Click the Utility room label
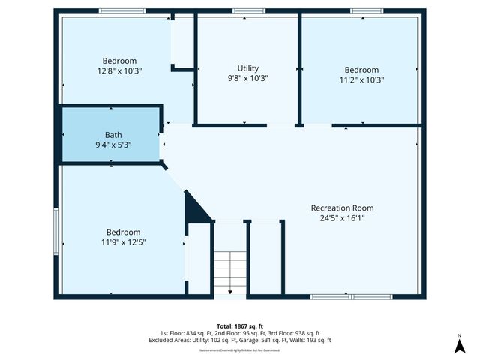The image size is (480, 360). pyautogui.click(x=247, y=68)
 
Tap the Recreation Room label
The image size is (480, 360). pyautogui.click(x=342, y=208)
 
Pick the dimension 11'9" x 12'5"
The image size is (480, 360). pyautogui.click(x=123, y=241)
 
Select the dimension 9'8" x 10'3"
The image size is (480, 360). pyautogui.click(x=247, y=77)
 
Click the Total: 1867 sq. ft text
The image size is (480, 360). pyautogui.click(x=239, y=325)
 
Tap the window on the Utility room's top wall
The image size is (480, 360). pyautogui.click(x=248, y=11)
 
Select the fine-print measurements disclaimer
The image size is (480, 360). pyautogui.click(x=239, y=350)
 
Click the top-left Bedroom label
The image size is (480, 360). pyautogui.click(x=119, y=61)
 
